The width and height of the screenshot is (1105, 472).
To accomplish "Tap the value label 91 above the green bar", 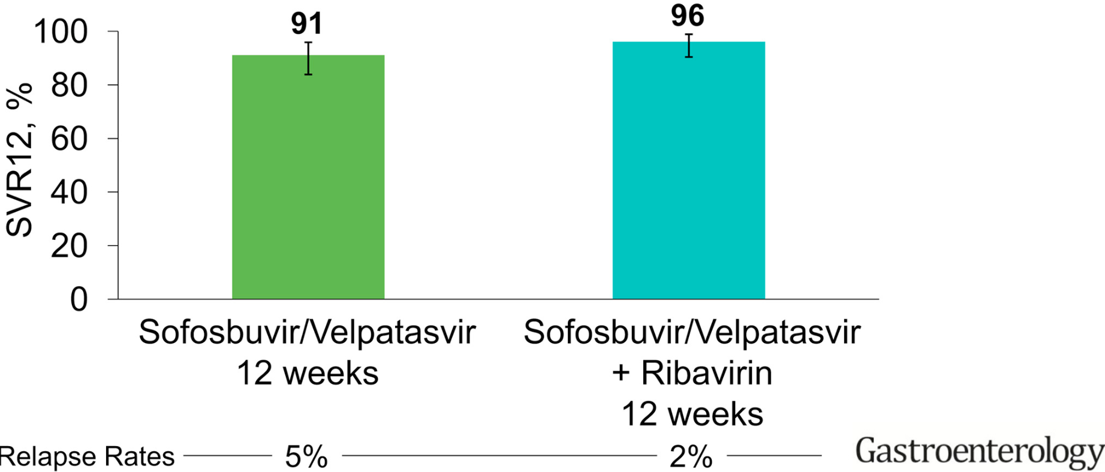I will pos(307,24).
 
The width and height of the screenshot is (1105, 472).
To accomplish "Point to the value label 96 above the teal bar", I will pos(688,16).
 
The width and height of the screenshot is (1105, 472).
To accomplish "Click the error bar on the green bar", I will pos(308,58).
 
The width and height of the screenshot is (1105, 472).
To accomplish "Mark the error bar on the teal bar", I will pos(689,46).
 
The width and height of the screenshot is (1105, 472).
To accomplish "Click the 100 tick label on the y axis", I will pos(61,32).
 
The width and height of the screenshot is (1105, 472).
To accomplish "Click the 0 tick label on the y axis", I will pos(79,299).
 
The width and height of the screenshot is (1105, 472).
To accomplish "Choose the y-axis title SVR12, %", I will pos(19,161).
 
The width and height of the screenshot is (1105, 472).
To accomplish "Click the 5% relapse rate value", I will pos(306,458).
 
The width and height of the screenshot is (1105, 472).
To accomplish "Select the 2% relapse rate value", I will pos(691,458).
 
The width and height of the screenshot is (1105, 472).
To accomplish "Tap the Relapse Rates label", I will pos(88,457).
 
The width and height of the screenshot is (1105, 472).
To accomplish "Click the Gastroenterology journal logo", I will pos(979,453).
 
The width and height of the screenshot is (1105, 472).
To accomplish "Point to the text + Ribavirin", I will pos(692,373).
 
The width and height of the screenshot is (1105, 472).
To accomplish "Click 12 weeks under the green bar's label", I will pos(308,373).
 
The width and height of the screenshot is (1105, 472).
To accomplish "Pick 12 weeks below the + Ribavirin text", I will pos(692,414).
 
